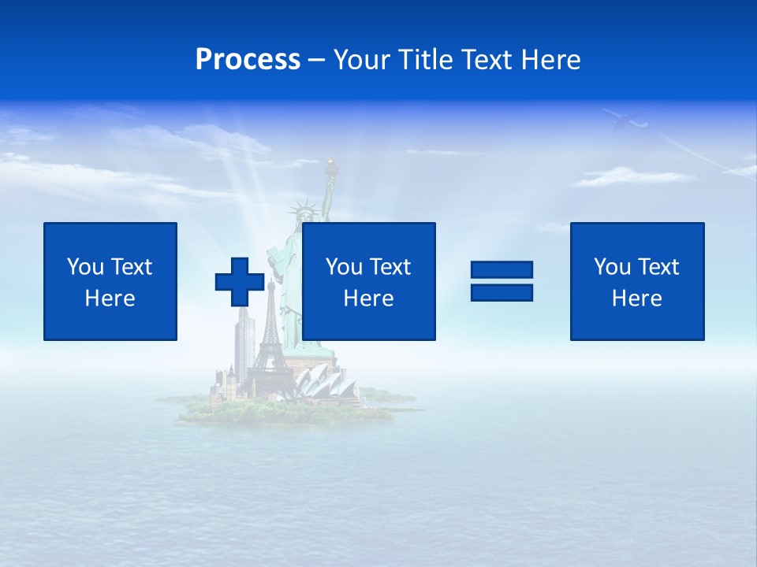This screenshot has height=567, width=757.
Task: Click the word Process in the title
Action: (x=248, y=60)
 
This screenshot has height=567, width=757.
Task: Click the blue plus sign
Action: (x=240, y=282)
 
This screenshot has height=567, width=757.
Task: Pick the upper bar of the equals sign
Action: (x=502, y=270)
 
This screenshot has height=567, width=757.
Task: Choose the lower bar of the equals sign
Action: (x=502, y=292)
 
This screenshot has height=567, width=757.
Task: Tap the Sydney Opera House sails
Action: (x=323, y=382)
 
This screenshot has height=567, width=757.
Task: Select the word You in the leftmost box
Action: (x=85, y=267)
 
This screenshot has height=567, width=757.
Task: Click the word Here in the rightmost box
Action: (x=637, y=298)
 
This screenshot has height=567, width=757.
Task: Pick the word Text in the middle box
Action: (x=391, y=267)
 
